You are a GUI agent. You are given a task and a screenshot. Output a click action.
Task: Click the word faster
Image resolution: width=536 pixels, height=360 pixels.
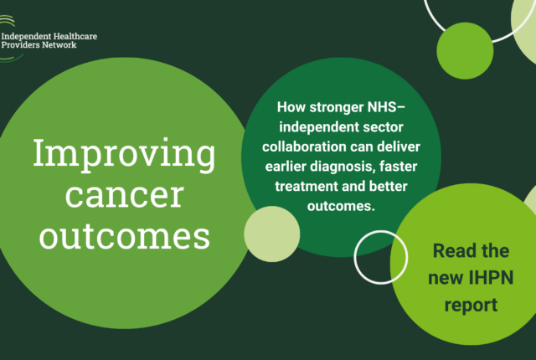click(398, 167)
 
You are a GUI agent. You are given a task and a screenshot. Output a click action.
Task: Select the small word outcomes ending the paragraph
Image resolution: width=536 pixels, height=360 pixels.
click(341, 206)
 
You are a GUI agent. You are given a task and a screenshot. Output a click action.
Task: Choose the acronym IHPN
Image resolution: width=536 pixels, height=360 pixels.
click(491, 278)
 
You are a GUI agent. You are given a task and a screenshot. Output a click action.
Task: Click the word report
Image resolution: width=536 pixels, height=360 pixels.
click(471, 306)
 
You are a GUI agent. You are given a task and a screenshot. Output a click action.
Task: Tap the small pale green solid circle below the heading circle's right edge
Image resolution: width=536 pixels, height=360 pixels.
click(272, 234)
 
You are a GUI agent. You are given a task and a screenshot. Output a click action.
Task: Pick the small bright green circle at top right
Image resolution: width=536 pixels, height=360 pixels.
click(465, 51)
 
